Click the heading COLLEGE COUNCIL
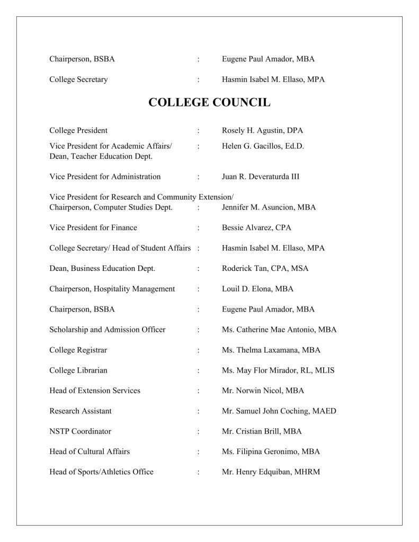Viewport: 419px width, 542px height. click(209, 102)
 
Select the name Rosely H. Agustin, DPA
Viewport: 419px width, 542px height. click(262, 130)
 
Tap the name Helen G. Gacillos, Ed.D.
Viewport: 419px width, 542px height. click(263, 146)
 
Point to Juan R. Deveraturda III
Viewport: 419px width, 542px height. click(260, 176)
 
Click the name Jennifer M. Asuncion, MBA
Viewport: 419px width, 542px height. click(269, 207)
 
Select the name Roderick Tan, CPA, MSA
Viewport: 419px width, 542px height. click(265, 268)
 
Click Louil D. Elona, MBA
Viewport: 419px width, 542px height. click(257, 288)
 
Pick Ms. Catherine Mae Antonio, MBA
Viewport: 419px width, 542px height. click(279, 329)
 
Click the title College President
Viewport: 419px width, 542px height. click(78, 130)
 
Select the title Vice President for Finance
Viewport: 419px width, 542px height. click(93, 228)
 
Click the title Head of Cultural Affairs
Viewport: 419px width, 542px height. click(89, 451)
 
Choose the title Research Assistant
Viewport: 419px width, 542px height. click(80, 411)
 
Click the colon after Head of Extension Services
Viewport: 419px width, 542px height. click(198, 391)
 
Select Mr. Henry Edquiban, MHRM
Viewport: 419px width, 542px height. click(271, 472)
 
